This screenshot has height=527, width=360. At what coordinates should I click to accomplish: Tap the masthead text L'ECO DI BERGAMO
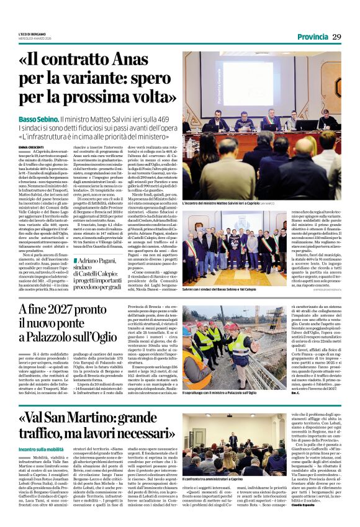(x=32, y=32)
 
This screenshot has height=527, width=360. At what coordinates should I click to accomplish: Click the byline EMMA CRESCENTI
(x=30, y=146)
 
